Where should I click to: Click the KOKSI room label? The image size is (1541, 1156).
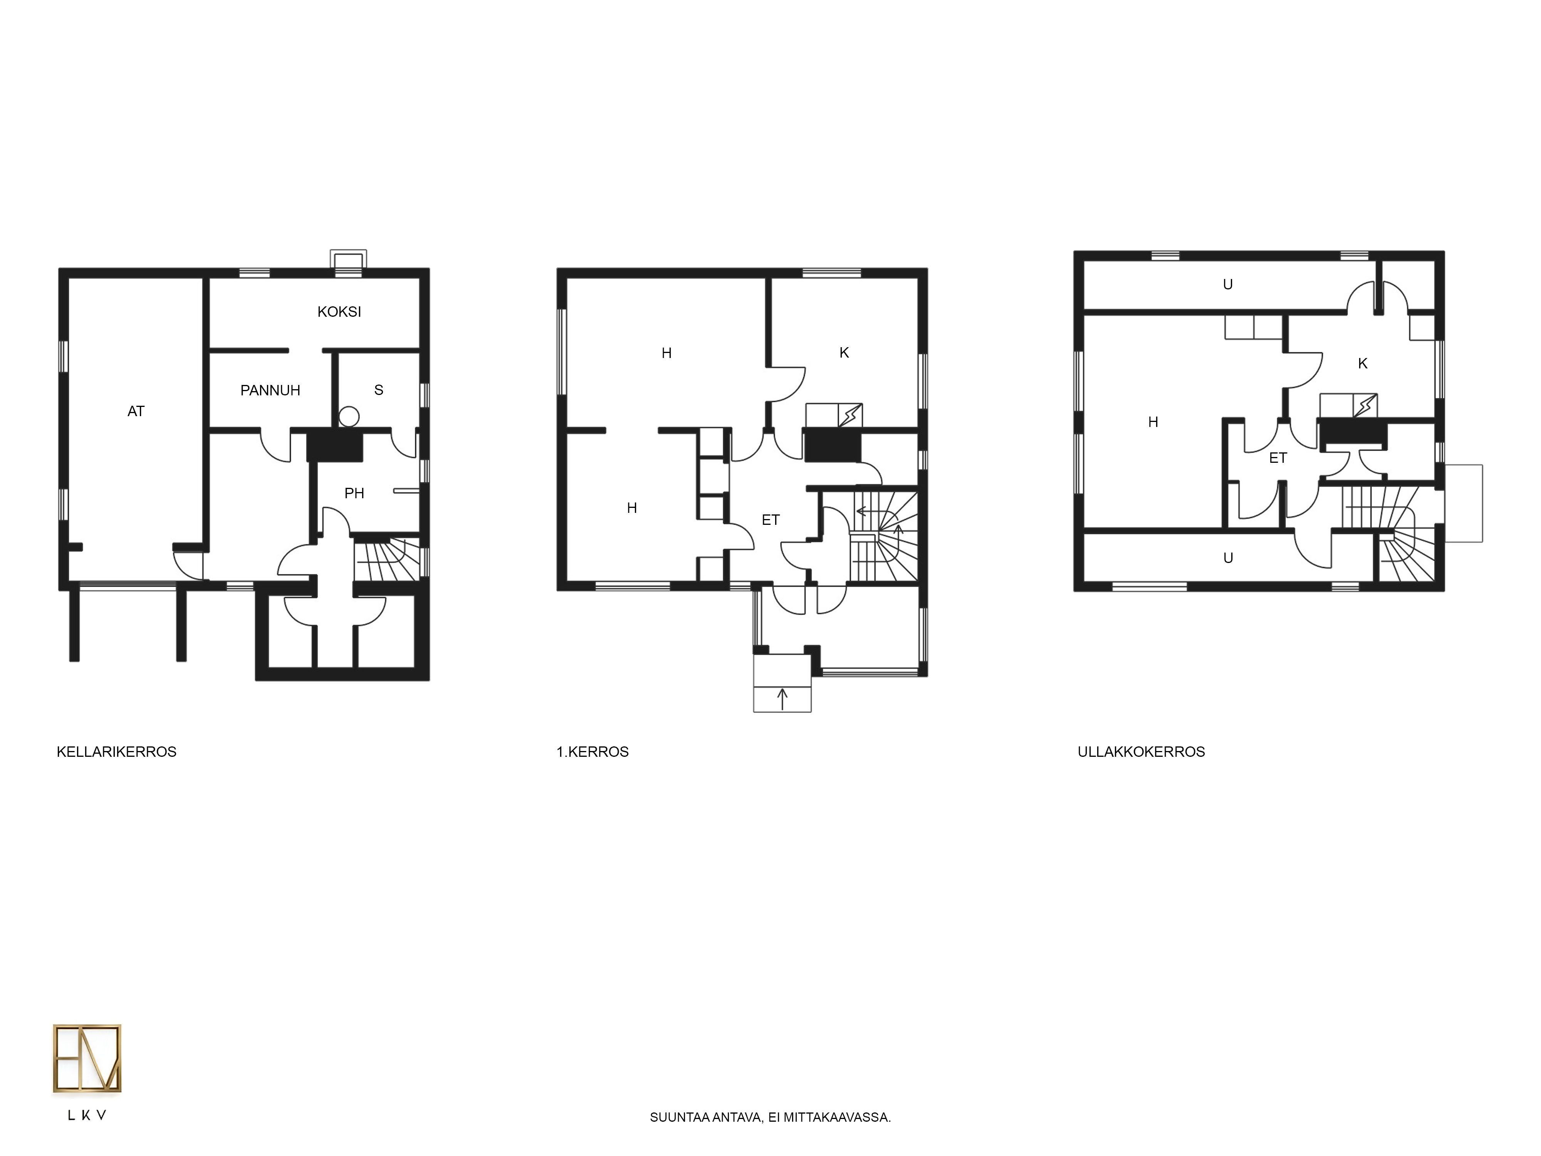pos(339,311)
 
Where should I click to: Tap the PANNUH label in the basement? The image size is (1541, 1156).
pos(270,390)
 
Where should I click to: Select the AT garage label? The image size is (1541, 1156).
pos(136,411)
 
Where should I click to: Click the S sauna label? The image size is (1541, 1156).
pos(379,390)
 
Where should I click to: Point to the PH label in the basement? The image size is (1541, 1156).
pos(354,493)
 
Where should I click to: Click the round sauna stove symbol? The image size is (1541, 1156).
pos(349,417)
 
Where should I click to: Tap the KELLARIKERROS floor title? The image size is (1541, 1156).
pos(116,752)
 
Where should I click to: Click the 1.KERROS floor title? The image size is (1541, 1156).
pos(593,752)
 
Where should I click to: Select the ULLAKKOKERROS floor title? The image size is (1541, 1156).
pos(1141,752)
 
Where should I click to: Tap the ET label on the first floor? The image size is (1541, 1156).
pos(770,520)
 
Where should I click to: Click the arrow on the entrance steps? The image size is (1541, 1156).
pos(782,699)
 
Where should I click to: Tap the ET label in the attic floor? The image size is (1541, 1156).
pos(1277,458)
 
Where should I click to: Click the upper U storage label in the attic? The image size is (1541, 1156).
pos(1228,284)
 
